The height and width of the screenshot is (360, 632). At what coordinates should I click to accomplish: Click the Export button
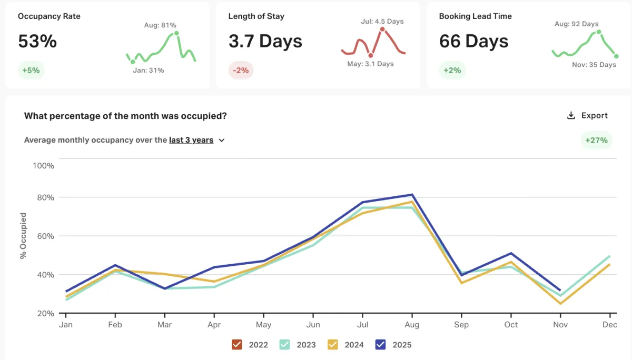tap(587, 116)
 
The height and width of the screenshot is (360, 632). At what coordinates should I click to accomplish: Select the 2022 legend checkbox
tap(237, 345)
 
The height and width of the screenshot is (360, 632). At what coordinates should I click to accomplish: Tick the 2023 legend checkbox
tap(285, 345)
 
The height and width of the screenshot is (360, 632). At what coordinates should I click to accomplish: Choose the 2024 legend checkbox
tap(333, 345)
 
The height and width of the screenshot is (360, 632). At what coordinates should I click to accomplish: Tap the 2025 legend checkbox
tap(381, 345)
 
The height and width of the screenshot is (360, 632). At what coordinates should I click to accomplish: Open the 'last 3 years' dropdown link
tap(196, 140)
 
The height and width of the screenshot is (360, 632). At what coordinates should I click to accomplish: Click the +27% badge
tap(597, 140)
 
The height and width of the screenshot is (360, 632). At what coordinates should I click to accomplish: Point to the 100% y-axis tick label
tap(43, 166)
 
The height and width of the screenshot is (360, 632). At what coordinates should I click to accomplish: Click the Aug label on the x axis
tap(412, 325)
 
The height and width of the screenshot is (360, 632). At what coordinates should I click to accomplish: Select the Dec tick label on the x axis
tap(609, 325)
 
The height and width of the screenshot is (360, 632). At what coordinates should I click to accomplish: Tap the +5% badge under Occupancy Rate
tap(31, 70)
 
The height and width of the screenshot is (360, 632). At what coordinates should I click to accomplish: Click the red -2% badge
tap(241, 70)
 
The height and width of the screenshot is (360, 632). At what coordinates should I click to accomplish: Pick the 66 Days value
tap(473, 41)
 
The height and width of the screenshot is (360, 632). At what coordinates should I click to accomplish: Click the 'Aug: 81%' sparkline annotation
tap(160, 25)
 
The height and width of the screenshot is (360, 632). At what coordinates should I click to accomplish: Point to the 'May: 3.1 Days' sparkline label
tap(370, 64)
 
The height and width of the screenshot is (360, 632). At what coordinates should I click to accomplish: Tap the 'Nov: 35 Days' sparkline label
tap(594, 65)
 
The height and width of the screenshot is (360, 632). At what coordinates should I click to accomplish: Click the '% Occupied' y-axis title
tap(23, 236)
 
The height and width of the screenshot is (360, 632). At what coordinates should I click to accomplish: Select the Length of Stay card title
tap(256, 16)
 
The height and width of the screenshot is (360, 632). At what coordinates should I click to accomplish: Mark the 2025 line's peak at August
tap(412, 195)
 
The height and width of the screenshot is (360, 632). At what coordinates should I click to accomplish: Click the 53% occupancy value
tap(37, 41)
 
